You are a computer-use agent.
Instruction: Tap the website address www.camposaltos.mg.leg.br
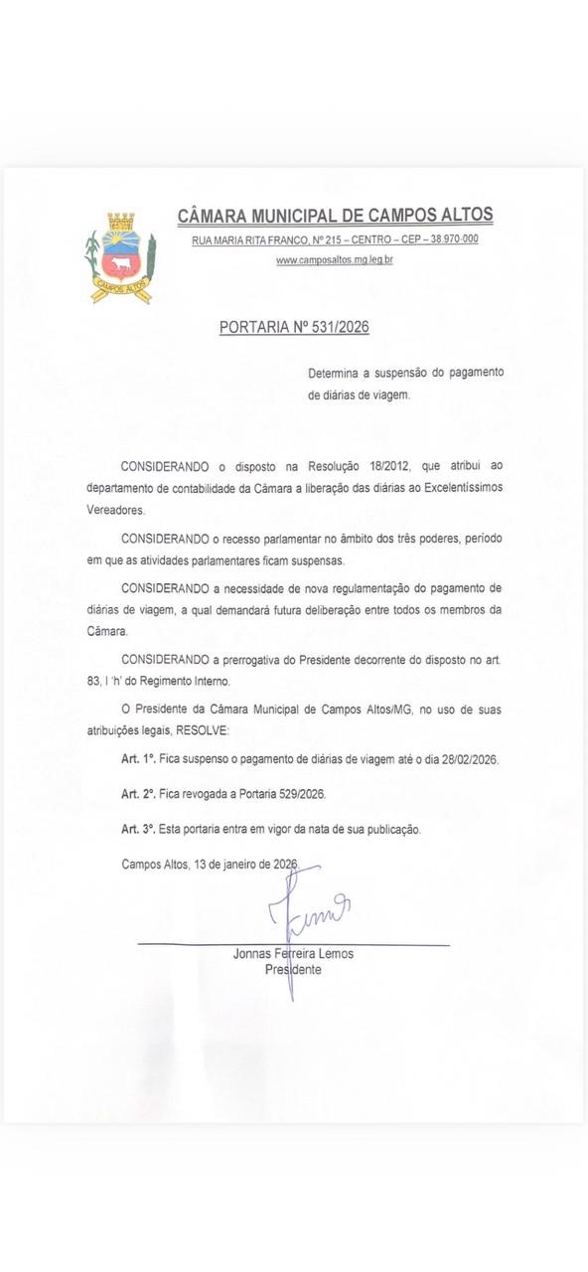click(x=335, y=260)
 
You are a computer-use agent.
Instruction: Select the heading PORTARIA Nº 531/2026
click(x=294, y=327)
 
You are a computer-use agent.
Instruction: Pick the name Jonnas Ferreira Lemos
click(x=293, y=954)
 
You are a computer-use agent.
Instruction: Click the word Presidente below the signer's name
click(x=293, y=970)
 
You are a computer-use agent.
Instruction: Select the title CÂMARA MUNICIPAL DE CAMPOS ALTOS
click(x=335, y=216)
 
